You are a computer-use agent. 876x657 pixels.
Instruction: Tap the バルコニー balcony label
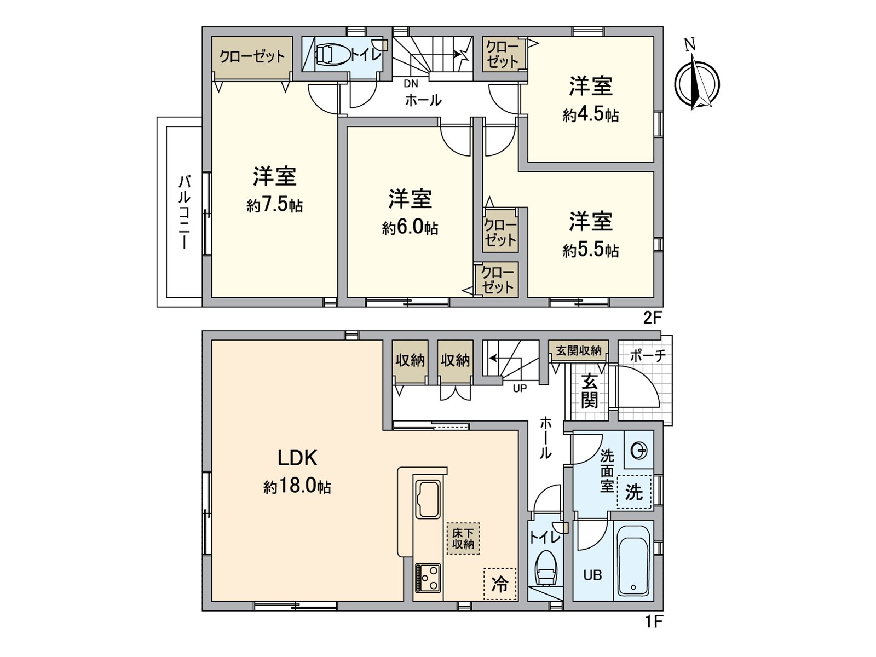(x=184, y=212)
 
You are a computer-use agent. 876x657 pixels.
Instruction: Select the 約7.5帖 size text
(x=274, y=205)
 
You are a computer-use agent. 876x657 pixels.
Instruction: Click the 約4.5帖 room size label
(x=590, y=115)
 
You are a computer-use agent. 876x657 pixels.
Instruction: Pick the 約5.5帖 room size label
(x=590, y=250)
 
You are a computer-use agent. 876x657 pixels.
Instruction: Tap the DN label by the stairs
(x=411, y=84)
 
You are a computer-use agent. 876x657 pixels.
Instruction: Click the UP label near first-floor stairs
(x=520, y=388)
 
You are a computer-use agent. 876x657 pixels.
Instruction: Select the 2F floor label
(x=653, y=317)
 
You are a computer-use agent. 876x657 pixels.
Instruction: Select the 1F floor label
(x=653, y=621)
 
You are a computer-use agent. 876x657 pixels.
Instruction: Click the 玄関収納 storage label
(x=578, y=350)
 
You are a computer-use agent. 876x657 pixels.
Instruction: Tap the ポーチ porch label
(x=647, y=355)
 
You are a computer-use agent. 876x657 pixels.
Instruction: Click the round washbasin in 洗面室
(x=638, y=451)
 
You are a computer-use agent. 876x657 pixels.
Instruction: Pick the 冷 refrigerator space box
(x=500, y=584)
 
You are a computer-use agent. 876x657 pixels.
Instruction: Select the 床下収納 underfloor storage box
(x=463, y=539)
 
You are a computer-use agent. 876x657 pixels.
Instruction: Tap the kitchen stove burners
(x=428, y=578)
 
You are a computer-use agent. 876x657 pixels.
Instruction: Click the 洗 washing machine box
(x=634, y=492)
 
